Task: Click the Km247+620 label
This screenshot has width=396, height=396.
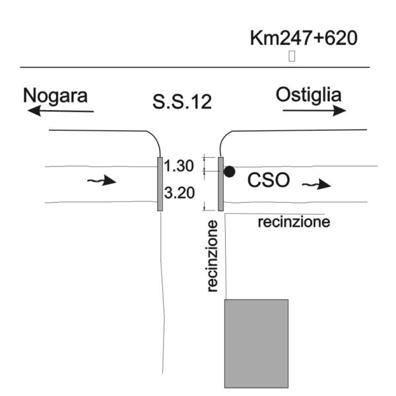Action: click(304, 38)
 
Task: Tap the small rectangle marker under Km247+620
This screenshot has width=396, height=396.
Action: click(291, 57)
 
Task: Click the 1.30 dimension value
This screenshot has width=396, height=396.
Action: click(179, 166)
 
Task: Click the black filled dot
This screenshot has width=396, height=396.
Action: click(229, 172)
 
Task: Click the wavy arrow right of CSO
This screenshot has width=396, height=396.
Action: click(316, 185)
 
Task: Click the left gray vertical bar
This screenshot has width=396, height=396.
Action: click(160, 184)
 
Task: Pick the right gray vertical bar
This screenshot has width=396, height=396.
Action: click(220, 184)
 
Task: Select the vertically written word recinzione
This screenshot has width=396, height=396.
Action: click(212, 256)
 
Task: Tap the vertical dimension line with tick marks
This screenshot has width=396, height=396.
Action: click(206, 183)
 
